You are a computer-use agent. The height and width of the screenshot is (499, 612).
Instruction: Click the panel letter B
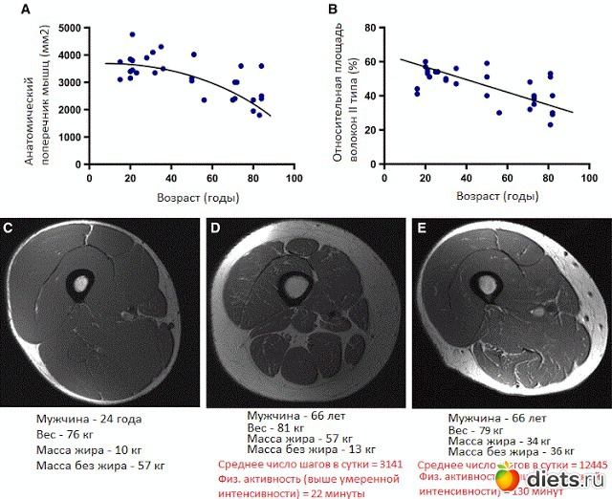pyautogui.click(x=333, y=11)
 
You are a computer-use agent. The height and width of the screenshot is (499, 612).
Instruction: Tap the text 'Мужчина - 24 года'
pyautogui.click(x=89, y=419)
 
